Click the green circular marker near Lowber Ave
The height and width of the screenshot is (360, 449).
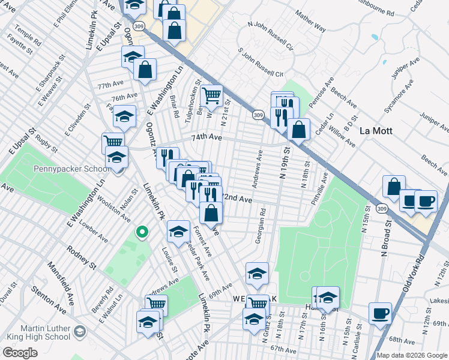tap(142, 231)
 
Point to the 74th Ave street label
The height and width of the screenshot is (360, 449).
tap(206, 137)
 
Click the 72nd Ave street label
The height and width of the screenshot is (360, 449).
tap(237, 197)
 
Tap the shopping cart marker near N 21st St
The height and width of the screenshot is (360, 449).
tap(211, 95)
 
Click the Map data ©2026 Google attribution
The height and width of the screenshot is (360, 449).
tap(411, 355)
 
